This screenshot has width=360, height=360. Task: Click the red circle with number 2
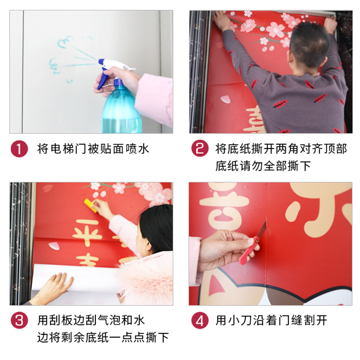tap(200, 148)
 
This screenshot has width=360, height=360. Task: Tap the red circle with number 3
tap(19, 321)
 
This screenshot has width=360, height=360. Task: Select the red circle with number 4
tap(200, 321)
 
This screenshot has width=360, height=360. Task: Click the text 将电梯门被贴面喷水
tap(93, 149)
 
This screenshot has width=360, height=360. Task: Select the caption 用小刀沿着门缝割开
tap(271, 320)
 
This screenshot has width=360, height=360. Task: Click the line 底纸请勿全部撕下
tap(263, 166)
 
